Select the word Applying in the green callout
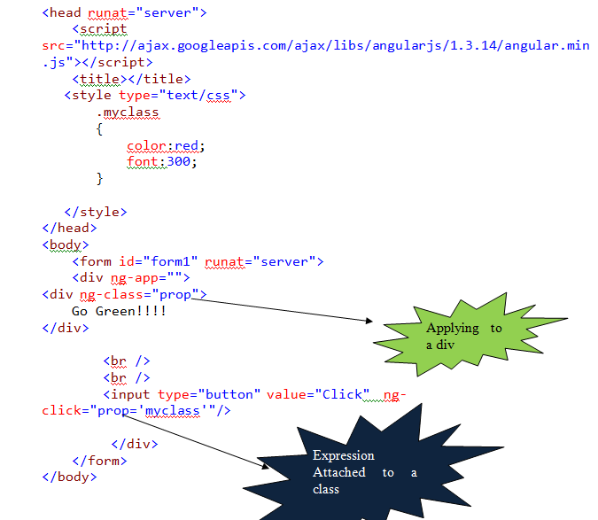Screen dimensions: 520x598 point(453,328)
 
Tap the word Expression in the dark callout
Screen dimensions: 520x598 point(344,455)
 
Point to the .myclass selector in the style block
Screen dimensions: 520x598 point(128,113)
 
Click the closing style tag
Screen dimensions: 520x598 point(96,212)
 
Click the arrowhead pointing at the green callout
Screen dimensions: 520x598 point(373,321)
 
